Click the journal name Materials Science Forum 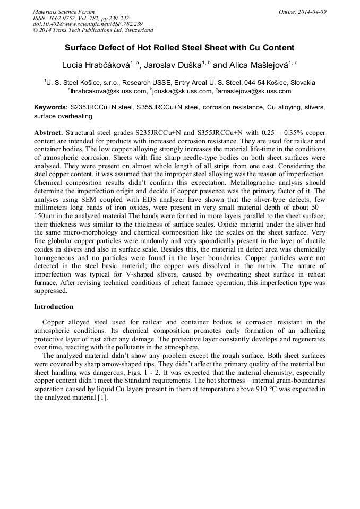(x=64, y=12)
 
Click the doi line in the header (x=88, y=24)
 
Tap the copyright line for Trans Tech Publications (x=93, y=30)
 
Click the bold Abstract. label (x=49, y=131)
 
